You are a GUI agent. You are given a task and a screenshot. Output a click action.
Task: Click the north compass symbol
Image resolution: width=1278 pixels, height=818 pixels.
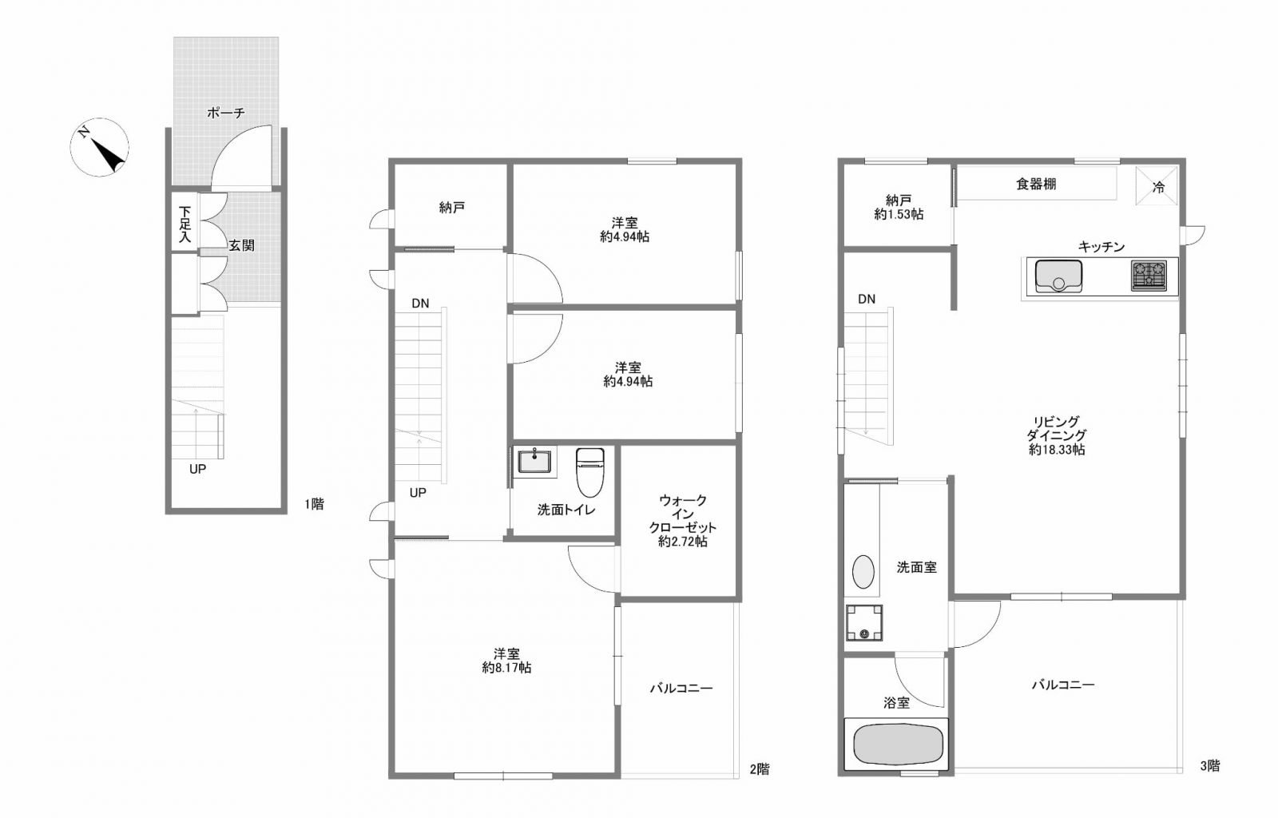coord(99,147)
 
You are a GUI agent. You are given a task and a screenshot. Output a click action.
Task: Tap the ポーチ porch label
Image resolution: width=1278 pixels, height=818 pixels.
coord(226,113)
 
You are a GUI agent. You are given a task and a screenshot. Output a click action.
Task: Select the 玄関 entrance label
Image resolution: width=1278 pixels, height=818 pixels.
coord(241,245)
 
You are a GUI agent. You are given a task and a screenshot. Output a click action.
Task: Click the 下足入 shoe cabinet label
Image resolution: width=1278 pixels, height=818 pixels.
coord(185,224)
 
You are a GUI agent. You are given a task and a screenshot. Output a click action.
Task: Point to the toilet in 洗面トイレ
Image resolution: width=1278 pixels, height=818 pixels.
coord(590,472)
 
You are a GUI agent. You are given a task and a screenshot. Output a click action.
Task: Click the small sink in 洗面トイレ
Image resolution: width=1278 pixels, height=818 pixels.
coord(534,462)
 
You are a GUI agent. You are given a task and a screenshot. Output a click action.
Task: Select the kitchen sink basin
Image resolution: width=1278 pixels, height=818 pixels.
coord(1058,276)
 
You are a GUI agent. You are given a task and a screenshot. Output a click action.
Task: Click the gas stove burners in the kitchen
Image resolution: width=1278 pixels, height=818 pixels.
coord(1149,276)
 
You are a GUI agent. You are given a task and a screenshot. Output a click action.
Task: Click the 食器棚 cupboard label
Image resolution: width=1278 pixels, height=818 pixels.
coord(1036,184)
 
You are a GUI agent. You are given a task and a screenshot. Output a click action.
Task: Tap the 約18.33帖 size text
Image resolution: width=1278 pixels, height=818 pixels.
coord(1058,450)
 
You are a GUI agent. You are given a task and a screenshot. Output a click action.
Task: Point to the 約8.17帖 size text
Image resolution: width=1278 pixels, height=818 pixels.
coord(506,667)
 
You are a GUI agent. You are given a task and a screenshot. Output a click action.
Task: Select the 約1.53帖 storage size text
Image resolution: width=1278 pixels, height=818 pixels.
coord(899,214)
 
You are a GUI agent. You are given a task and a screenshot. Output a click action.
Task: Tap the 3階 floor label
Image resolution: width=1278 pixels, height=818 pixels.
coord(1210,766)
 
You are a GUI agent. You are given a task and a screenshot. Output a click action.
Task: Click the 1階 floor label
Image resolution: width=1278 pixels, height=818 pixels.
coord(315,504)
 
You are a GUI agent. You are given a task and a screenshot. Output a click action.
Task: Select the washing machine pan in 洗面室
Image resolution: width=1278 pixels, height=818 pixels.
coord(864,622)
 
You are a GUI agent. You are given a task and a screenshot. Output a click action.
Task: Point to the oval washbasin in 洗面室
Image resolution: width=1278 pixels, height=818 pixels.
coord(863,572)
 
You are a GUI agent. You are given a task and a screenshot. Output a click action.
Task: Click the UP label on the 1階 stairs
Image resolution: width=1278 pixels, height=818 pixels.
coord(197,469)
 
